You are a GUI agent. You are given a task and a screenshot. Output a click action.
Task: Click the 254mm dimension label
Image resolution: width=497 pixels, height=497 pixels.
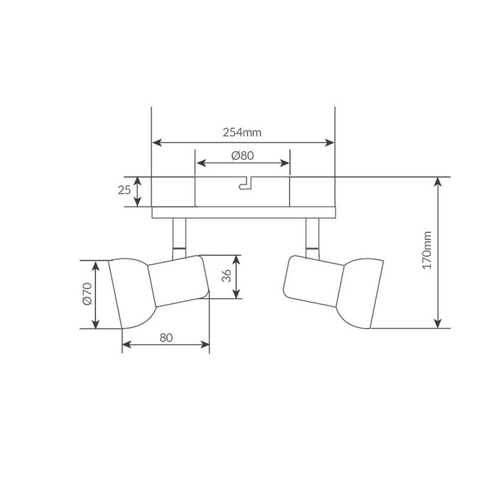click(x=242, y=132)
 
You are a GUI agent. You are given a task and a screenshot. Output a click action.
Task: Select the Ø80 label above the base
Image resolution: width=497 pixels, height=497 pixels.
click(x=243, y=155)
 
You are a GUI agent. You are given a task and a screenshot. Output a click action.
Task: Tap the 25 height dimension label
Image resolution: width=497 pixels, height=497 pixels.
click(x=124, y=190)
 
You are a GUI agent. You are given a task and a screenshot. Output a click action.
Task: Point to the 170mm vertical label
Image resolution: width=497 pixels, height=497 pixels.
click(x=427, y=250)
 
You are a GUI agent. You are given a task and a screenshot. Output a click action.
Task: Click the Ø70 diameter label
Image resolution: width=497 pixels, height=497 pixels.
click(x=87, y=294)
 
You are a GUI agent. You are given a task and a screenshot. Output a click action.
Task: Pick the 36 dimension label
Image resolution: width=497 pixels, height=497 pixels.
click(x=226, y=275)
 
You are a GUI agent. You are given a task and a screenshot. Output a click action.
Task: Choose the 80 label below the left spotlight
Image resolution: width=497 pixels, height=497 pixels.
click(x=166, y=338)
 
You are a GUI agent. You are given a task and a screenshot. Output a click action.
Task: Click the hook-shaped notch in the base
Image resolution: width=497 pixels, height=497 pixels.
click(x=246, y=184)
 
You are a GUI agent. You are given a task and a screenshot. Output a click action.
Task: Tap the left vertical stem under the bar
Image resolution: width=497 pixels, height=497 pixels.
click(x=180, y=239)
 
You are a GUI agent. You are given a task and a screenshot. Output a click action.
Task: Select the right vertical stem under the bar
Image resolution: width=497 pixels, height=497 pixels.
click(x=312, y=239)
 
